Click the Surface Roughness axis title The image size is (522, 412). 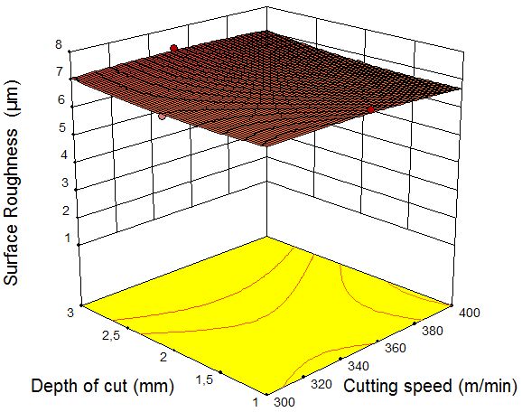11,183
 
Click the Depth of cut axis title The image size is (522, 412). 103,387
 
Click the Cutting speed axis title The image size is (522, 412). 431,387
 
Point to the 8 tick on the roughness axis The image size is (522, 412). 59,44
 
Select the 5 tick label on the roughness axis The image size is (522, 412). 62,127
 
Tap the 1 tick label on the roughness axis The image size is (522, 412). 68,239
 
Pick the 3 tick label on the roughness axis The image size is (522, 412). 65,183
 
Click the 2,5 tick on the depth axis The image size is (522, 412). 111,335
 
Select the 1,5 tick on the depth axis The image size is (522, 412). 204,379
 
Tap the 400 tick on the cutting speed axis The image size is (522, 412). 470,313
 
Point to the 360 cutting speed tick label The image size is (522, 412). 396,348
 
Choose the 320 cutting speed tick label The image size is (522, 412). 322,384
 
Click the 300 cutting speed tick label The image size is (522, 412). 284,402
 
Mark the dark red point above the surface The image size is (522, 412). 173,48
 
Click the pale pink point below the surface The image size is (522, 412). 163,117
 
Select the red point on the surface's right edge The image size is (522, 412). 370,110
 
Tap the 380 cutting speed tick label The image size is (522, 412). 433,331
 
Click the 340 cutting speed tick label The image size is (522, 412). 359,366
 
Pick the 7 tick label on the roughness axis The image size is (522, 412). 60,71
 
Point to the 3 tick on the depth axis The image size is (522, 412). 70,314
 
